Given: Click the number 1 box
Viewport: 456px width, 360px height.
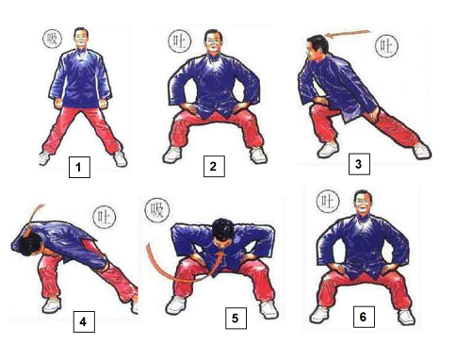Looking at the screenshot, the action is click(79, 167).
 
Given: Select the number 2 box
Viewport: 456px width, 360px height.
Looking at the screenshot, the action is click(214, 166).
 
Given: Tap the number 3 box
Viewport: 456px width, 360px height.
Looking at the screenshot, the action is click(359, 164).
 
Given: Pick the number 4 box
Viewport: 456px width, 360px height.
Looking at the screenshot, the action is click(84, 321).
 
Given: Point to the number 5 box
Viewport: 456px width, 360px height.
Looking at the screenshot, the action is click(236, 319).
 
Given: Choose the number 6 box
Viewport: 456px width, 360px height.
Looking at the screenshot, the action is click(364, 317).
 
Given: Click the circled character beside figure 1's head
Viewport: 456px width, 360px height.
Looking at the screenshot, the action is click(52, 39).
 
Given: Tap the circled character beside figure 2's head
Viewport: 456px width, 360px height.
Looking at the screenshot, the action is click(180, 41).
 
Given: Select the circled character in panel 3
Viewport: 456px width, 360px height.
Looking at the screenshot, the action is click(386, 46).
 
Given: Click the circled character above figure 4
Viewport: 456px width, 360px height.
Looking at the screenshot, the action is click(104, 217).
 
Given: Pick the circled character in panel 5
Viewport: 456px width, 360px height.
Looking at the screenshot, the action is click(157, 210).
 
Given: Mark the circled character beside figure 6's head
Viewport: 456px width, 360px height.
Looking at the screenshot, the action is click(328, 201).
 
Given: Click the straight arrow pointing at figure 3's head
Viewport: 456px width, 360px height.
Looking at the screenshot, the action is click(349, 34).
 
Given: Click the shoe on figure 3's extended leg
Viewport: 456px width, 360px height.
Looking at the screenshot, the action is click(421, 151).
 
